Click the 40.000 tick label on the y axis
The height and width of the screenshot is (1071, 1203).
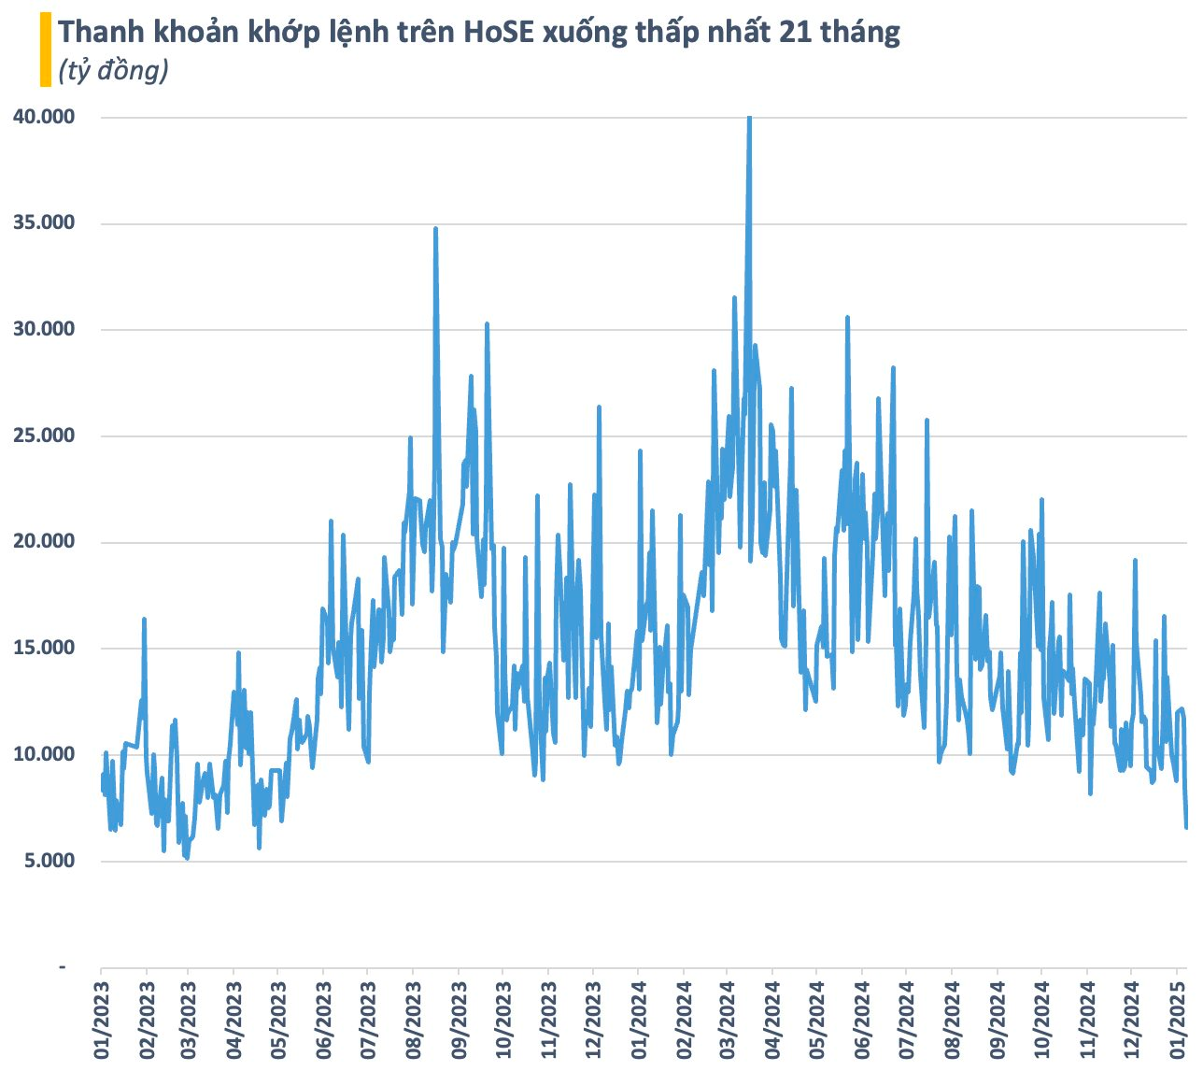coord(44,117)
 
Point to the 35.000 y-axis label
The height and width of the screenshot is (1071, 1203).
coord(44,223)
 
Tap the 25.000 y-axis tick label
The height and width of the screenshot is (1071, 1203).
coord(44,436)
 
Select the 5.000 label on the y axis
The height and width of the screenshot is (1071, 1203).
coord(50,861)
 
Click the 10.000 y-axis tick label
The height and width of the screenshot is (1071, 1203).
coord(44,754)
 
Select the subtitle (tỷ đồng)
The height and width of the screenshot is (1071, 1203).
coord(113,70)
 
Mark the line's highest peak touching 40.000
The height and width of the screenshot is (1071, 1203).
coord(749,119)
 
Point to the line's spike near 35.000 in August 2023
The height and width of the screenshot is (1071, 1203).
coord(435,229)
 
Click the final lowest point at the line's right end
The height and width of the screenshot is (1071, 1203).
coord(1186,827)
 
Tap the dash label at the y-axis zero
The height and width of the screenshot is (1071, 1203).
coord(63,966)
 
